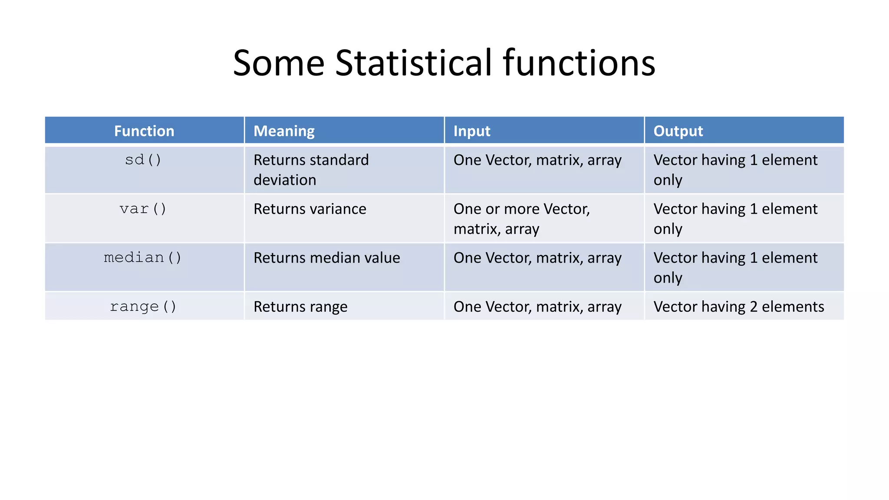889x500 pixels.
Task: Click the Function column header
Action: (144, 131)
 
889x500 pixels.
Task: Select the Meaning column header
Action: (284, 131)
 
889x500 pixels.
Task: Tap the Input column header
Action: (472, 131)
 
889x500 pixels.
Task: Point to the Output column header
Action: (678, 131)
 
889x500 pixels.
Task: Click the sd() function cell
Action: (143, 160)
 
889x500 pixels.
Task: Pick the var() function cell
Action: (143, 209)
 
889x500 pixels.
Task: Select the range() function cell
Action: (143, 307)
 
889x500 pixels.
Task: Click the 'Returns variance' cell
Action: (310, 209)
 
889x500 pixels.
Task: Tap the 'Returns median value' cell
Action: (326, 258)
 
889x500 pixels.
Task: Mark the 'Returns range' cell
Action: (300, 307)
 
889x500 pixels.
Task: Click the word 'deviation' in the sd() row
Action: (285, 180)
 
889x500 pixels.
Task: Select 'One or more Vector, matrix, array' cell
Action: (521, 219)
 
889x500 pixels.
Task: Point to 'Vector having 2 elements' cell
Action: (738, 307)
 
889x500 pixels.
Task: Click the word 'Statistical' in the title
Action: (414, 63)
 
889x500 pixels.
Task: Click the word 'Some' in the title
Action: (279, 63)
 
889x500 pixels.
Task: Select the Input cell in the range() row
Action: (537, 307)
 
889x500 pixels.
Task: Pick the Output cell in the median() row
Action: (735, 267)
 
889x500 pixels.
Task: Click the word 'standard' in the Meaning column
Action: (339, 160)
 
